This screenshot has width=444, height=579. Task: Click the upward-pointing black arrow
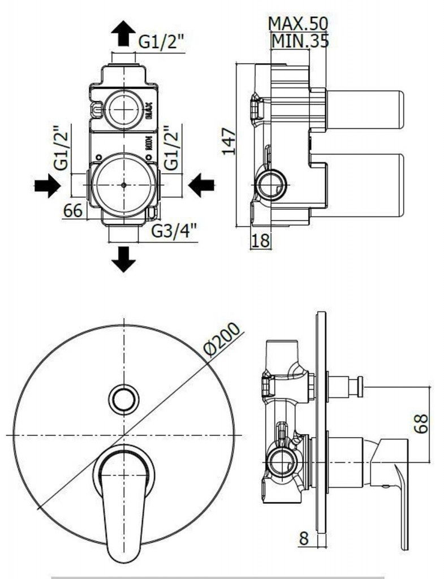(x=123, y=33)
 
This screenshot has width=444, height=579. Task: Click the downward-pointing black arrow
(x=123, y=259)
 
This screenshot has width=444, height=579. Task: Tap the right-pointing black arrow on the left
(x=47, y=185)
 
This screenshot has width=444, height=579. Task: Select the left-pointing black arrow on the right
(x=201, y=185)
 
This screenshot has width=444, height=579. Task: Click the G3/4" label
(x=174, y=231)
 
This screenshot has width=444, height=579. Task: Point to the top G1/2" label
(x=161, y=41)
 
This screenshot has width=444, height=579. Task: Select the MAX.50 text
(x=298, y=23)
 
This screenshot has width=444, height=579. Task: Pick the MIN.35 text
(x=300, y=41)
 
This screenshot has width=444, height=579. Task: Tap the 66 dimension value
(x=73, y=210)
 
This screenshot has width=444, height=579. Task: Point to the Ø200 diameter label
(x=222, y=341)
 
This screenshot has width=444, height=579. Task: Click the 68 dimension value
(x=421, y=424)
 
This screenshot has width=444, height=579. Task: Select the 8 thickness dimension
(x=304, y=538)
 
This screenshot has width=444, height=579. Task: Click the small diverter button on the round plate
(x=123, y=400)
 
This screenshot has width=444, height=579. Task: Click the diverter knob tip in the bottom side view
(x=355, y=387)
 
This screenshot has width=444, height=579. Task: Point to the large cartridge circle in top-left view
(x=123, y=185)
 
